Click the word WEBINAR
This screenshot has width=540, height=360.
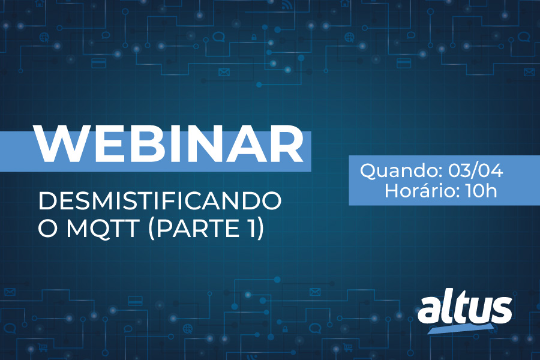pos(169,143)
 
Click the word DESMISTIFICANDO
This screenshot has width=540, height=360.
pos(160,201)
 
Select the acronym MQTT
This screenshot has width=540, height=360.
pos(103,228)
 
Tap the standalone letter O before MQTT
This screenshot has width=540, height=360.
pos(47,228)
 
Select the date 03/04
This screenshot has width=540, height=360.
pos(475,170)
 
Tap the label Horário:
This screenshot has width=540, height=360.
pos(422,191)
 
